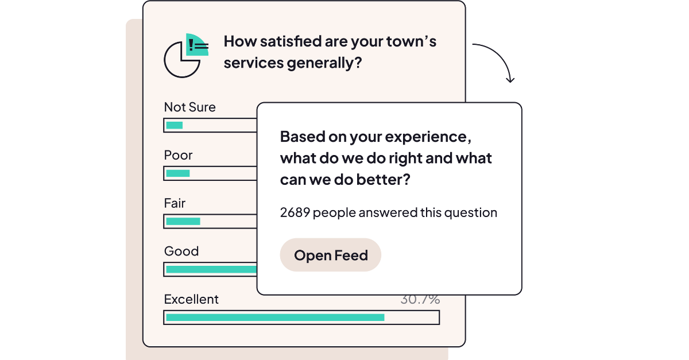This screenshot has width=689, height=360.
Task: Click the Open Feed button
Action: (331, 255)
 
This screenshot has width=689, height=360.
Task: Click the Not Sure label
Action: (189, 107)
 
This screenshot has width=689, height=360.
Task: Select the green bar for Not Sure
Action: (174, 125)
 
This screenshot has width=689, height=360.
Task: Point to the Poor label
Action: (178, 156)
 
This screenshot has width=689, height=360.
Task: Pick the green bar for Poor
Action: (177, 173)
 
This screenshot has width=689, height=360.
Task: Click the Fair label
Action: (175, 204)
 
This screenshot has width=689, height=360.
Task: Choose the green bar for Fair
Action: (183, 221)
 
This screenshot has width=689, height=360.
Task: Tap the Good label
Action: (181, 251)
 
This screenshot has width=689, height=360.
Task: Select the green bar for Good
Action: (211, 269)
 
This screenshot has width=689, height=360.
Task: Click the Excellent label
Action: (191, 300)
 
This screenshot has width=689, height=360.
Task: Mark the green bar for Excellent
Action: (275, 317)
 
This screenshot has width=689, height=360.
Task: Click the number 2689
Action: (295, 213)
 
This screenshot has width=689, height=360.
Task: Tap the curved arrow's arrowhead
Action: (510, 79)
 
